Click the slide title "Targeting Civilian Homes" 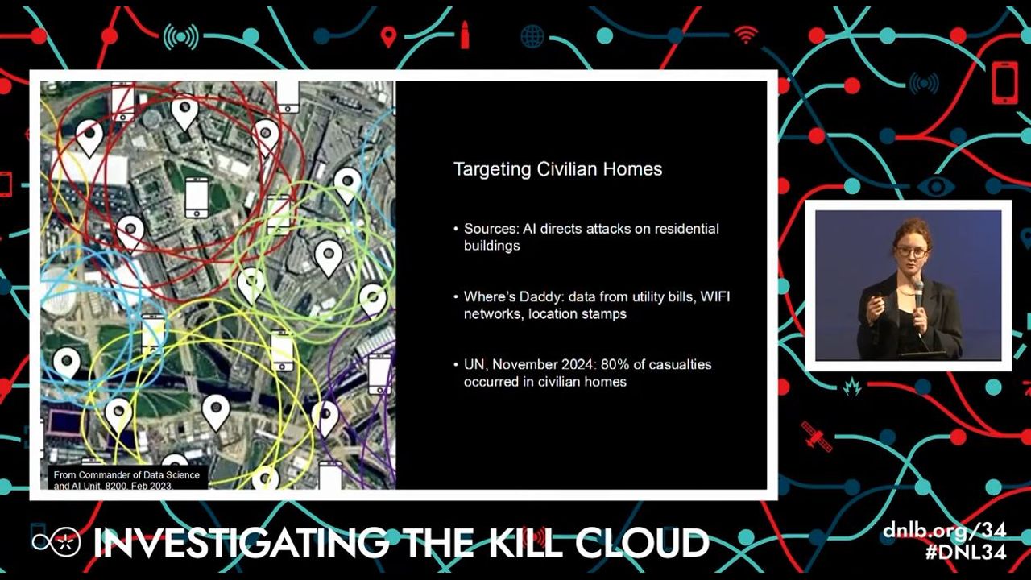click(x=558, y=169)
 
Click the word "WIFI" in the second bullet click(x=714, y=297)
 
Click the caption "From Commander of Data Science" click(x=126, y=475)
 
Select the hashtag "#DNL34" click(x=966, y=552)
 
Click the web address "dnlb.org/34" click(x=945, y=532)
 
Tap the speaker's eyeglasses click(x=911, y=252)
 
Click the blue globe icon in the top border click(x=532, y=36)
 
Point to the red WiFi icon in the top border click(x=746, y=34)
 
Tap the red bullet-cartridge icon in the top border click(x=465, y=34)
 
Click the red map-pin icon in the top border click(x=389, y=37)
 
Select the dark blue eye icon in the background click(x=936, y=187)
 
